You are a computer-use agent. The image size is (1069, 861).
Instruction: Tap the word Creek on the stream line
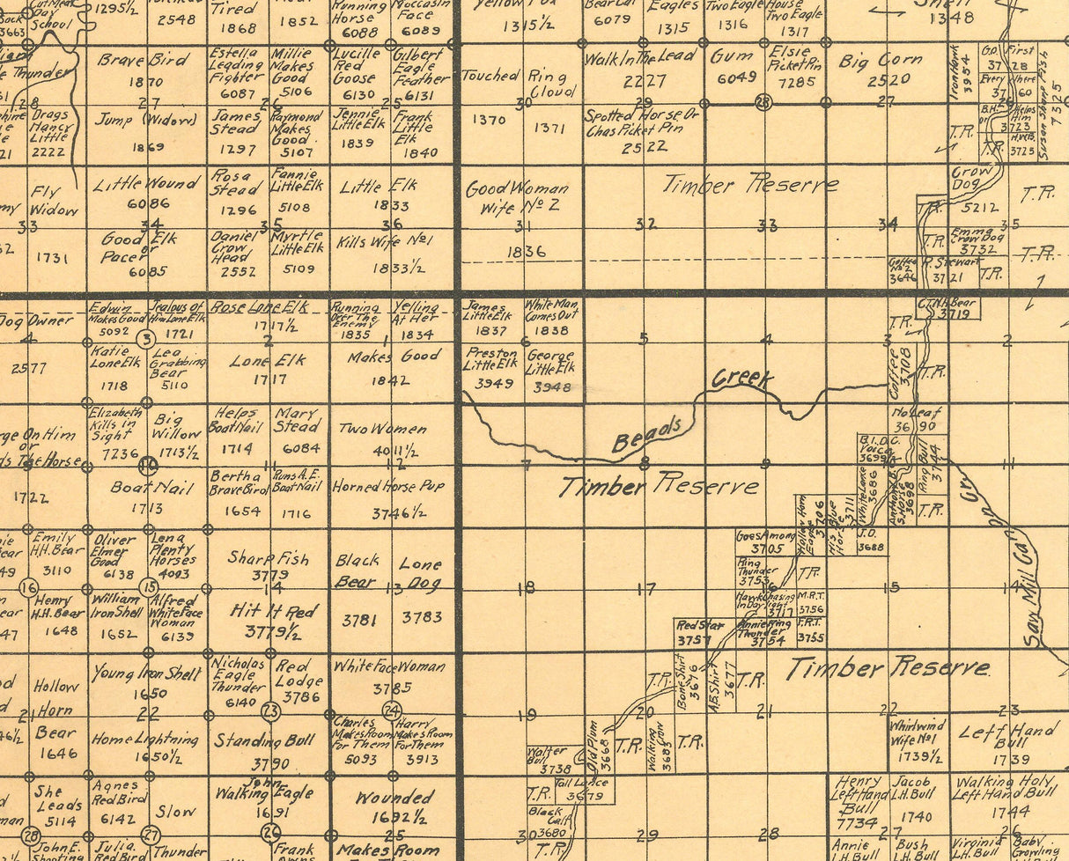(742, 379)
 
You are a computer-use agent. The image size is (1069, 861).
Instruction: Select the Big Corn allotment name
(881, 62)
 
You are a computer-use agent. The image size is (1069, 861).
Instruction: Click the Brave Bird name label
(143, 61)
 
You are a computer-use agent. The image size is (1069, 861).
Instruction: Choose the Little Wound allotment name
(146, 184)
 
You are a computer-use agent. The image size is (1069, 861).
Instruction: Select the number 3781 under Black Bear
(358, 620)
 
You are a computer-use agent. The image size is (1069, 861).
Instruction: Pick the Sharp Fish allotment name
(269, 557)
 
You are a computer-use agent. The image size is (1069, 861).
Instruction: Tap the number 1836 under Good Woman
(526, 251)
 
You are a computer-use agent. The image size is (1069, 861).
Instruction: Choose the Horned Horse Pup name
(388, 486)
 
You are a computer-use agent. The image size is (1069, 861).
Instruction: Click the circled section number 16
(29, 587)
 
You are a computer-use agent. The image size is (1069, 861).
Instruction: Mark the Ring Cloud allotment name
(553, 83)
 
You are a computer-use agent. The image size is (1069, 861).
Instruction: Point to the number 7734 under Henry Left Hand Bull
(857, 823)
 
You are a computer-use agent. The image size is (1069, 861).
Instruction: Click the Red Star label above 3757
(700, 625)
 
